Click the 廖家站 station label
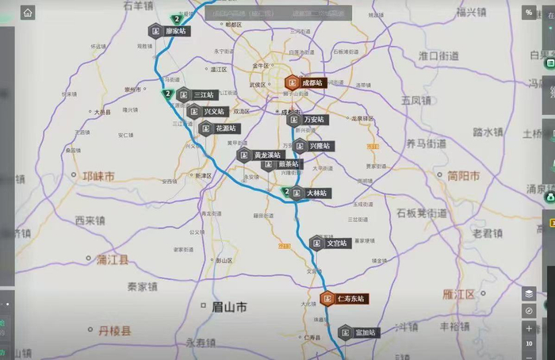(175, 31)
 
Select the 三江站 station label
(204, 95)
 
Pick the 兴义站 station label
(214, 112)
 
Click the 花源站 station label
(226, 128)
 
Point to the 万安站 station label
(314, 120)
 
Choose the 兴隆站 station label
(320, 146)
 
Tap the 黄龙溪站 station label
(267, 155)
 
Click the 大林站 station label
(316, 193)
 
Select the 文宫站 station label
(337, 243)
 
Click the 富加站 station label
(365, 332)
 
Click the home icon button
(28, 13)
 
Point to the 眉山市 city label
(224, 305)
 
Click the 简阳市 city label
(463, 176)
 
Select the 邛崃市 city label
(98, 176)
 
